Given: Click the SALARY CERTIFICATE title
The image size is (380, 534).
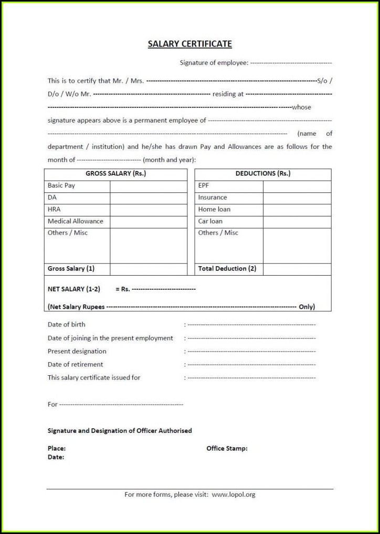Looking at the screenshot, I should tap(189, 44).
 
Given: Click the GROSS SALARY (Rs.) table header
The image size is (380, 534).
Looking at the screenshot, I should tap(115, 173).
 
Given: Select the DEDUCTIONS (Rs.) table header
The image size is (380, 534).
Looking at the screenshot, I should tap(262, 173).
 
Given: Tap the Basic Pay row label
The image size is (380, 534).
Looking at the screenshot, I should tap(61, 186).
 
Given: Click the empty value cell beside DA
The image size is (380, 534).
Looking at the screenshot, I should tap(148, 198).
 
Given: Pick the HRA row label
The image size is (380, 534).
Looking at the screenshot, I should tap(54, 209).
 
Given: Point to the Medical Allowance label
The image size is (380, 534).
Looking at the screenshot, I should tap(76, 221).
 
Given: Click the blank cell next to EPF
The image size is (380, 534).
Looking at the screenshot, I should tap(297, 186).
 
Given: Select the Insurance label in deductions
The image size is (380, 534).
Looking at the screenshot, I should tap(213, 198).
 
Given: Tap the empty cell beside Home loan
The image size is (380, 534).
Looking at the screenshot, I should tap(297, 209).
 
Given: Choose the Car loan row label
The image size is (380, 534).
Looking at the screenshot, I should tap(210, 221).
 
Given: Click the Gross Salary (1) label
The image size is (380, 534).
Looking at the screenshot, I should tap(71, 268).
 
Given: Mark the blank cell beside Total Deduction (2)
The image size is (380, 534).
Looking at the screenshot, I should tap(297, 269).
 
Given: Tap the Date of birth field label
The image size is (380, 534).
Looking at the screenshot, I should tap(67, 325).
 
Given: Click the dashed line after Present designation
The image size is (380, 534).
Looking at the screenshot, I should tap(251, 352).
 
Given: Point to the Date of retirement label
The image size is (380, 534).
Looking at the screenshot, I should tap(75, 364).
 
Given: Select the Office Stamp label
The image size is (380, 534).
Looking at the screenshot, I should tap(227, 449).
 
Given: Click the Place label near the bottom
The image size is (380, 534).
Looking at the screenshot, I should tap(57, 449).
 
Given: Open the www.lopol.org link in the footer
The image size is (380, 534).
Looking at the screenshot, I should tap(234, 494).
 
